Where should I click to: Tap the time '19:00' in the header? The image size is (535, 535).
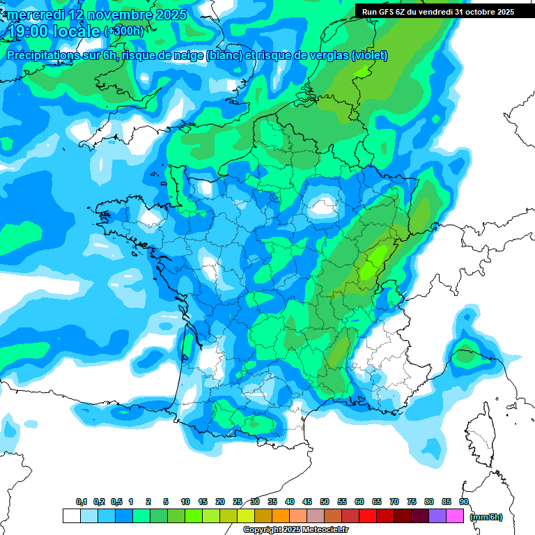[x=29, y=31]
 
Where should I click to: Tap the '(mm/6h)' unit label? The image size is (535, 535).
[x=486, y=517]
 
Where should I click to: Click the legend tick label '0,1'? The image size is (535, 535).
[x=82, y=502]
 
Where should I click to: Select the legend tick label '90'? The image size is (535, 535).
[x=463, y=502]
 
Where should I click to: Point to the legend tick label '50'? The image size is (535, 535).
[x=325, y=502]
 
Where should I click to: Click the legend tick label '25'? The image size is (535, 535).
[x=238, y=502]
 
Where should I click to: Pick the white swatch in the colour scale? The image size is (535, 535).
[x=71, y=516]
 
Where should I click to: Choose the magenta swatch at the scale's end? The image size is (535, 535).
[x=455, y=516]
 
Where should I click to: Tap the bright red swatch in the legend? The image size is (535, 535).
[x=368, y=516]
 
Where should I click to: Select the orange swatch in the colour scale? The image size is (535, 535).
[x=281, y=516]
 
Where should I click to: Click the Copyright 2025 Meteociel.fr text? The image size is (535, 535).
[x=296, y=530]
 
